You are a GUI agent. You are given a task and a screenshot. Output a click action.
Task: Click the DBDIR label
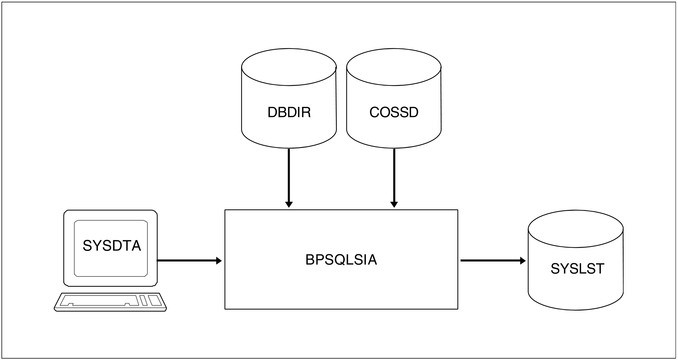coord(289,113)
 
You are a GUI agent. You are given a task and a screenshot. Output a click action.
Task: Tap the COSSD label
coord(394,113)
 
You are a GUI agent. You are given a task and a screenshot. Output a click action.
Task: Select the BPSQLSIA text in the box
coord(341,260)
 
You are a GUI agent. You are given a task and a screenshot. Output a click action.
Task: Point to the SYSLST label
coord(577,269)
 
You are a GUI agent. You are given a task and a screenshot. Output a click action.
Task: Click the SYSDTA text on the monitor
coord(112,246)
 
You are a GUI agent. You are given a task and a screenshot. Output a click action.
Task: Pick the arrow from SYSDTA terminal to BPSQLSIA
coord(187,261)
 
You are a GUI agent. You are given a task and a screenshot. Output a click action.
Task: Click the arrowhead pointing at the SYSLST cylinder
coord(523,261)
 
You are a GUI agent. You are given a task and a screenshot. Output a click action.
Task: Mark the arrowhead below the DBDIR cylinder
coord(289,204)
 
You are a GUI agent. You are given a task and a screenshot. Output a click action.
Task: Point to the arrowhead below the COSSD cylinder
coord(394,204)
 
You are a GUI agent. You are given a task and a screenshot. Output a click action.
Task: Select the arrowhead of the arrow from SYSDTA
coord(219,261)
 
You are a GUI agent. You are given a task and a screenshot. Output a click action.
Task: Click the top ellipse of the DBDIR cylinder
coord(289,67)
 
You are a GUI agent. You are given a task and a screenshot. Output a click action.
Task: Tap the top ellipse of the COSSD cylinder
coord(394,67)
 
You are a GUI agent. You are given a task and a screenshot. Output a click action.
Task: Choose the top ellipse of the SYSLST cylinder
coord(576,229)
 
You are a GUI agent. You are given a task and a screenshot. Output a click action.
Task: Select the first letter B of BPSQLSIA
coord(309,260)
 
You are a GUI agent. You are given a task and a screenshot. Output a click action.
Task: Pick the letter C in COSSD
coord(375,113)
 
